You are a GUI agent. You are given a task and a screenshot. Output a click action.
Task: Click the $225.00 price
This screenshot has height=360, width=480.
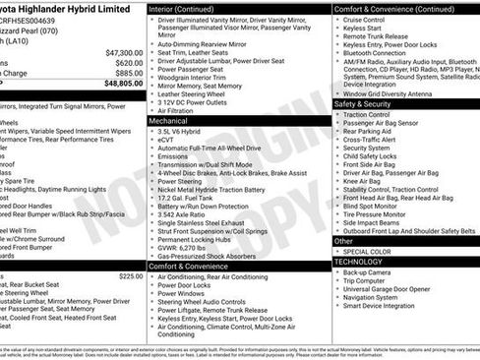[131, 276]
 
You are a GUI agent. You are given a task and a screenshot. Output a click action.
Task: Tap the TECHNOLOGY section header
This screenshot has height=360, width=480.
[359, 261]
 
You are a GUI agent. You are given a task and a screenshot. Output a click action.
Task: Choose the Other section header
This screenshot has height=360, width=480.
[344, 240]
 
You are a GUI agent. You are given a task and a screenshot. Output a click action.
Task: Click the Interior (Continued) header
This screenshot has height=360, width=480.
[188, 8]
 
